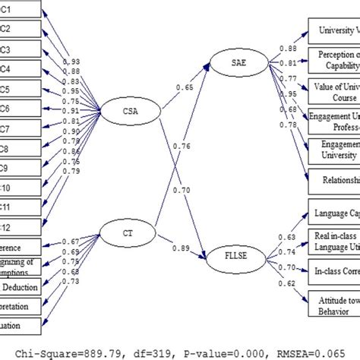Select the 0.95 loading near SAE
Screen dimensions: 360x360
[x=289, y=93]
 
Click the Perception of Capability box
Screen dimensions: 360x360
[x=333, y=58]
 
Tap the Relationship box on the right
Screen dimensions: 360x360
[x=333, y=180]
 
